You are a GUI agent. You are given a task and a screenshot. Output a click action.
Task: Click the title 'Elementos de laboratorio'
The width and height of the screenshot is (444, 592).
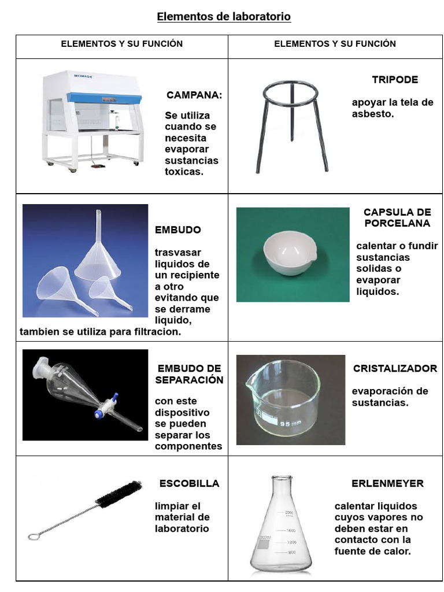pos(224,17)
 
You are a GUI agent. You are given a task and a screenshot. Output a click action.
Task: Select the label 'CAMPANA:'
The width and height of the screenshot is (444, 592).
pos(194,95)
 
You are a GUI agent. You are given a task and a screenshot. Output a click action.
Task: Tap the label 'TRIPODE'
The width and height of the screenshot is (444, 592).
pos(394,80)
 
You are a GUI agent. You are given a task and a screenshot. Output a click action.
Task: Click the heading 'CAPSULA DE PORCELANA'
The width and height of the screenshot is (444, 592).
pos(397,218)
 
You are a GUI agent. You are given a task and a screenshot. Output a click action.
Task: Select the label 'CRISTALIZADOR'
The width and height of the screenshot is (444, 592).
pos(395,369)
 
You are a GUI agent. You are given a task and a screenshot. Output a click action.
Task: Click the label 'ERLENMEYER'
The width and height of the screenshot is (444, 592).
pos(387,483)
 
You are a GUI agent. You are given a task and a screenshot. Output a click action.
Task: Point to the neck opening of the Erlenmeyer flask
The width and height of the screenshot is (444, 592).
pos(282,479)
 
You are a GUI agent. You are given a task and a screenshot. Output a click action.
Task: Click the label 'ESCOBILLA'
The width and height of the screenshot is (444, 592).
pos(189,483)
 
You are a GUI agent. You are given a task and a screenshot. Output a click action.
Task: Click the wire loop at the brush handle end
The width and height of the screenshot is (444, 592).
pos(34,536)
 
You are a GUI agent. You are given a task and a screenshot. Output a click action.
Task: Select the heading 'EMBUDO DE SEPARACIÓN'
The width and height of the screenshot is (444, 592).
pos(189,374)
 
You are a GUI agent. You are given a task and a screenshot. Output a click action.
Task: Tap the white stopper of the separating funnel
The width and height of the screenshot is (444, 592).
pos(41,365)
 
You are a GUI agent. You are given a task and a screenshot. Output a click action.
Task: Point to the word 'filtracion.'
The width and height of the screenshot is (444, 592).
pos(156,332)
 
